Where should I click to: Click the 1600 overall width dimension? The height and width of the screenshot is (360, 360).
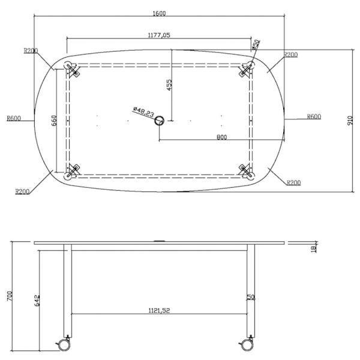(x=159, y=13)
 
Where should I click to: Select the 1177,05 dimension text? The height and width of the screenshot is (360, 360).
(x=159, y=35)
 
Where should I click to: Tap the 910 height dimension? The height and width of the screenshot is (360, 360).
(x=350, y=121)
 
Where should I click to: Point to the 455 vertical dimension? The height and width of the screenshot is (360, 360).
(x=169, y=85)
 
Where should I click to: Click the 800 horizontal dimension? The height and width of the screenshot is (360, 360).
(x=222, y=137)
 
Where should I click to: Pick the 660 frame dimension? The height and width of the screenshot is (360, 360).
(x=54, y=121)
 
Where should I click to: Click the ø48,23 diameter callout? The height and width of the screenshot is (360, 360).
(x=143, y=112)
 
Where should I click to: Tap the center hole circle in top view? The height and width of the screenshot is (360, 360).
(x=160, y=121)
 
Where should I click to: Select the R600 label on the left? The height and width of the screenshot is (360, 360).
(x=14, y=118)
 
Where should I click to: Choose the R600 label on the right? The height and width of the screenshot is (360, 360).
(x=314, y=116)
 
